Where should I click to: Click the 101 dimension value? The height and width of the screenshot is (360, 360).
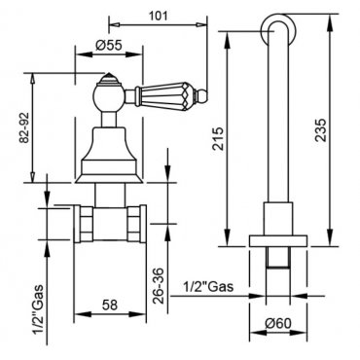(x=158, y=16)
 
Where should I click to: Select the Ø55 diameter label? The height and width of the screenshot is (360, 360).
(x=109, y=46)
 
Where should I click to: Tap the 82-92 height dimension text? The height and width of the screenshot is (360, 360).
(x=24, y=127)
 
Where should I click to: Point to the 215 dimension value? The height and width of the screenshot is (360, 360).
(x=218, y=138)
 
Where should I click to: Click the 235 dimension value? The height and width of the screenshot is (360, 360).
(x=321, y=130)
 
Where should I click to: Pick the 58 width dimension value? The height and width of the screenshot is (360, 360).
(x=110, y=305)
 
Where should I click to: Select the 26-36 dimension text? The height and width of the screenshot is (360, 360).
(x=159, y=286)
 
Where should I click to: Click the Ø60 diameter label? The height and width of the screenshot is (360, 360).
(x=278, y=323)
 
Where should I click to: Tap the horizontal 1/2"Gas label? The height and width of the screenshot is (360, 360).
(x=208, y=287)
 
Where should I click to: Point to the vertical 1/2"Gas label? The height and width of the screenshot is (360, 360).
(x=39, y=309)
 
